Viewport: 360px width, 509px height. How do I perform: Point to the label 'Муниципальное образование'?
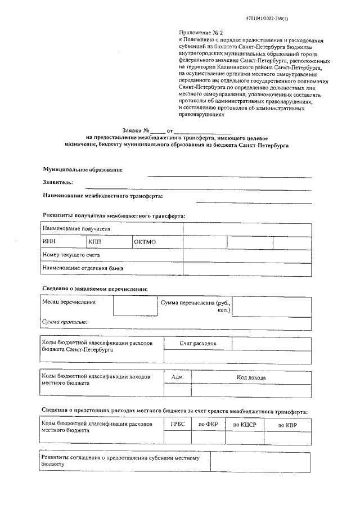click(x=83, y=169)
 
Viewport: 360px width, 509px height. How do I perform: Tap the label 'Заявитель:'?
click(x=58, y=182)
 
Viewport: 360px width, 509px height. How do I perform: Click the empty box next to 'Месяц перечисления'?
click(x=135, y=306)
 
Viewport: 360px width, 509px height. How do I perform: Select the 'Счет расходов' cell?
click(x=197, y=343)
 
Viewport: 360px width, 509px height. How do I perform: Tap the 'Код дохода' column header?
click(x=251, y=377)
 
